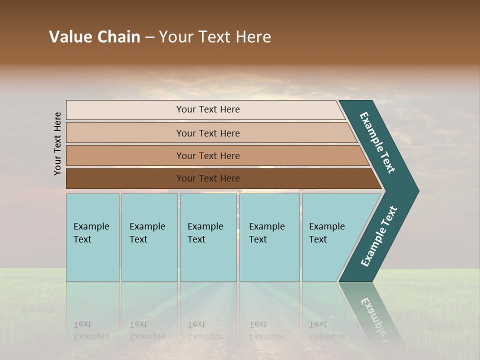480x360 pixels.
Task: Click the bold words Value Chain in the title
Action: (94, 37)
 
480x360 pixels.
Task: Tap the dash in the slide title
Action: (149, 37)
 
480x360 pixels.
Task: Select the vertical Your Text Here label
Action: (58, 143)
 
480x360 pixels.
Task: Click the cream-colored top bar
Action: (125, 110)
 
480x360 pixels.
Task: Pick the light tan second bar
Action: (125, 133)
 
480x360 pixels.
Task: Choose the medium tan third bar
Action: (125, 155)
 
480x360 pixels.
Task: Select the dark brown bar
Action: (125, 178)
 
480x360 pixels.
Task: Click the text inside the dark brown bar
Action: (208, 178)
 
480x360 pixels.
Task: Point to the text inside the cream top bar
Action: (208, 109)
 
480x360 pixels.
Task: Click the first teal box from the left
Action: (92, 237)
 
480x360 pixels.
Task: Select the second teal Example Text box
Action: (149, 237)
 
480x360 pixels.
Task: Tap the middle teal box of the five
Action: (208, 237)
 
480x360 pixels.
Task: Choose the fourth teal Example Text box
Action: (269, 237)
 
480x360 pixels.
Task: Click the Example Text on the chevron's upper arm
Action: (377, 142)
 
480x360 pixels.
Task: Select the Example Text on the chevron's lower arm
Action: (379, 236)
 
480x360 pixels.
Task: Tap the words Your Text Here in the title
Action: (215, 37)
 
